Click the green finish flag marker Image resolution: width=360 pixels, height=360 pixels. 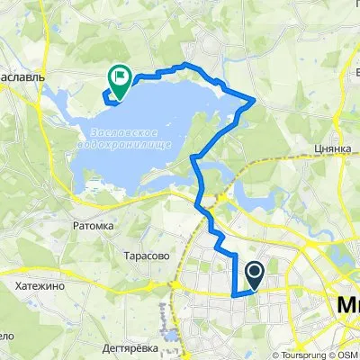tap(119, 78)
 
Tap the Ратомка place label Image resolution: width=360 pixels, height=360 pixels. tap(95, 227)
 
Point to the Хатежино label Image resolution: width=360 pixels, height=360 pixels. tap(38, 284)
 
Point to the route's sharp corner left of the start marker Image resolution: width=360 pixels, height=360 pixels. tap(234, 293)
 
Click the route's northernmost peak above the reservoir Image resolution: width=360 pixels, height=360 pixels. tap(184, 65)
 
